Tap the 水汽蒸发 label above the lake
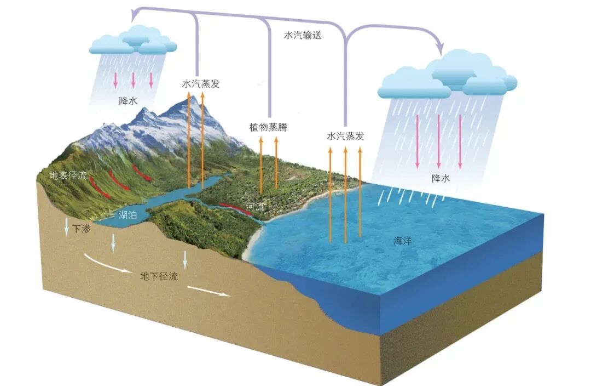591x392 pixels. pyautogui.click(x=200, y=84)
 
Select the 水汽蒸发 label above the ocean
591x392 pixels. pyautogui.click(x=345, y=136)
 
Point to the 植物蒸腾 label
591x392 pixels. pyautogui.click(x=268, y=127)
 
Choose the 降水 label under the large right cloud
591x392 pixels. pyautogui.click(x=441, y=178)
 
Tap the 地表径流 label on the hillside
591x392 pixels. pyautogui.click(x=68, y=176)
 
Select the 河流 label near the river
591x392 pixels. pyautogui.click(x=255, y=207)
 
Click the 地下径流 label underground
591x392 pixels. pyautogui.click(x=159, y=276)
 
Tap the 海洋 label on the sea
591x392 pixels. pyautogui.click(x=402, y=241)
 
